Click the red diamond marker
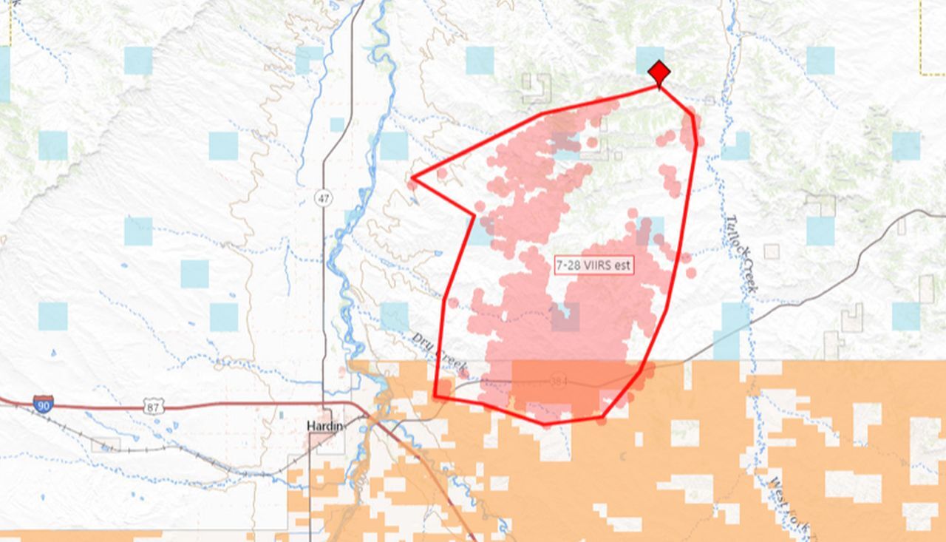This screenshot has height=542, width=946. (x=659, y=73)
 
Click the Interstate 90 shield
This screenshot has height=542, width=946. (x=43, y=404)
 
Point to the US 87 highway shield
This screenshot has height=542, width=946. (x=152, y=405)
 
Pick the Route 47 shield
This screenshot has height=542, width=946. (x=322, y=198)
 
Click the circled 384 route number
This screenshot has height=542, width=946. (x=559, y=381)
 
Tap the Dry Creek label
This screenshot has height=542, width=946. (x=439, y=352)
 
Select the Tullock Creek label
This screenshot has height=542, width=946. (x=740, y=252)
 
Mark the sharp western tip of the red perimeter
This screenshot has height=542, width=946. (x=412, y=178)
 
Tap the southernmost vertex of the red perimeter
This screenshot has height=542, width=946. (x=545, y=424)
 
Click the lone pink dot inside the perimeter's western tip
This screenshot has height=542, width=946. (x=442, y=174)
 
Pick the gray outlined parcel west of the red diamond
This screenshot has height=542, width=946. (x=537, y=88)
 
